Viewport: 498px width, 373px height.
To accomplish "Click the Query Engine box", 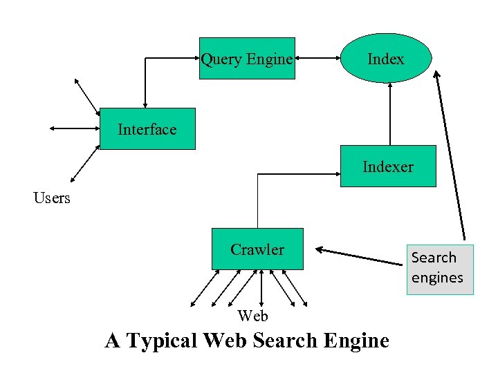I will coord(247,59).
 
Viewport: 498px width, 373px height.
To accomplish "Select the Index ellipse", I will coord(386,59).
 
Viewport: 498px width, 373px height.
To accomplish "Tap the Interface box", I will coord(147,129).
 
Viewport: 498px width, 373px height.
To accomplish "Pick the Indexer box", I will coord(387,166).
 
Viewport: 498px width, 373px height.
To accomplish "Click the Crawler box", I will coord(257,249).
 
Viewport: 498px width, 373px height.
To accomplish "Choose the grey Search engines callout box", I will coord(440,269).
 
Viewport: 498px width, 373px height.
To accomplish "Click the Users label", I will coord(52,198).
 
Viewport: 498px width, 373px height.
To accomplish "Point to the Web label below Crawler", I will coord(252,316).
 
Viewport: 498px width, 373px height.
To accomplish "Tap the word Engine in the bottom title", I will coord(357,341).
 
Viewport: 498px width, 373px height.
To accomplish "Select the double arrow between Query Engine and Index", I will coord(317,59).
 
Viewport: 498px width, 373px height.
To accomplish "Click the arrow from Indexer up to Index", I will coord(390,114).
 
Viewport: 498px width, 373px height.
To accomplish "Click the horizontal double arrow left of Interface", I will coord(75,128).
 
